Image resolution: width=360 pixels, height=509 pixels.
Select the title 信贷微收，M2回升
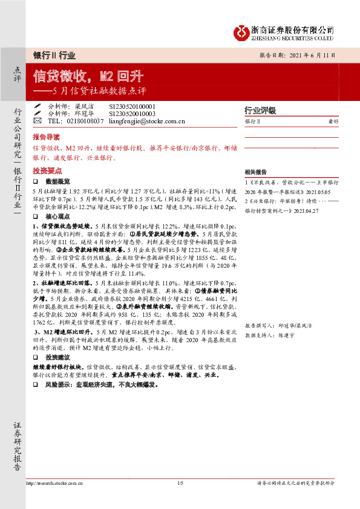pos(88,77)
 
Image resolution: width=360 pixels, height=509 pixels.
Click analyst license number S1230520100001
pos(132,106)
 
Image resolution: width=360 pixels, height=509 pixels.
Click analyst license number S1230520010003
pos(132,113)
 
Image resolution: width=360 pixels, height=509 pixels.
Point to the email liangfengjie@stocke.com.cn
pos(145,120)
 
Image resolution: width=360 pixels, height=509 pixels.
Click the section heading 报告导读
pos(47,137)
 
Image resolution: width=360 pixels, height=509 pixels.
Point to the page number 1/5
pos(180,484)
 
